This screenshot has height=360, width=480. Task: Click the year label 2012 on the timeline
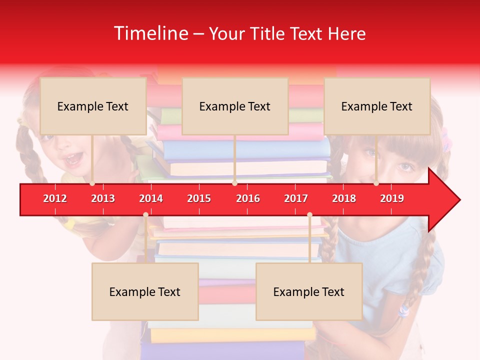[55, 198]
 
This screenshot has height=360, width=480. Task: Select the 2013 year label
[103, 198]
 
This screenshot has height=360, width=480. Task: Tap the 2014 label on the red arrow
[151, 198]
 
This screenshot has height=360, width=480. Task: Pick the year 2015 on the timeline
[199, 198]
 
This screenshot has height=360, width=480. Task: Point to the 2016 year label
[248, 198]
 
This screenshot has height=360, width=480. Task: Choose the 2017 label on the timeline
[296, 198]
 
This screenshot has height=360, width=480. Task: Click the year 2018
[344, 198]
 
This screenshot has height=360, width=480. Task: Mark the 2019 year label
[392, 198]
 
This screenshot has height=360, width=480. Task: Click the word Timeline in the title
[150, 33]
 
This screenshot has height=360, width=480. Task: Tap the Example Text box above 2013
[93, 106]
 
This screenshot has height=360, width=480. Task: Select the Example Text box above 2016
[235, 106]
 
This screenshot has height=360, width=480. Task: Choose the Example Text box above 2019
[377, 106]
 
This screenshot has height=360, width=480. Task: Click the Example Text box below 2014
[145, 291]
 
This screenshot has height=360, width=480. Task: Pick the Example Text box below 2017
[309, 291]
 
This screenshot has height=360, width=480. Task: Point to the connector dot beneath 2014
[145, 215]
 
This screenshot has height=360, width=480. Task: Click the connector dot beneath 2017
[309, 215]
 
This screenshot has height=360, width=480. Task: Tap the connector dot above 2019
[376, 183]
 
